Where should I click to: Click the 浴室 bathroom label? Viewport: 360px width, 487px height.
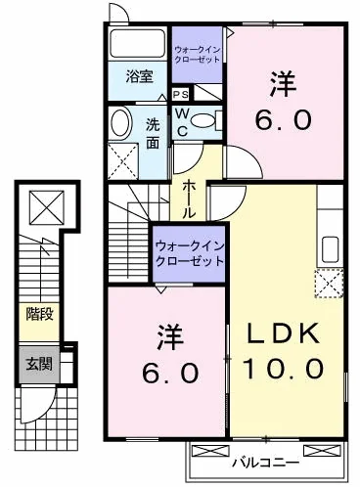point(138,77)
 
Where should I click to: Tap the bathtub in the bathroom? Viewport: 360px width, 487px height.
point(138,47)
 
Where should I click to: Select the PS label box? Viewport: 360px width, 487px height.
point(181,95)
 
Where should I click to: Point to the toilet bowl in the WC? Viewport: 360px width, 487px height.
point(202,121)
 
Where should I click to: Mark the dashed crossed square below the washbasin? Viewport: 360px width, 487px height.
point(124,157)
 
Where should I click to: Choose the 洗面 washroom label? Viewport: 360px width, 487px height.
point(155,133)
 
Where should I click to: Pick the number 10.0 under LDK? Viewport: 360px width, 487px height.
point(288,369)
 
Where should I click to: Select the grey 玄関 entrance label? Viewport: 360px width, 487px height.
point(39,364)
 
